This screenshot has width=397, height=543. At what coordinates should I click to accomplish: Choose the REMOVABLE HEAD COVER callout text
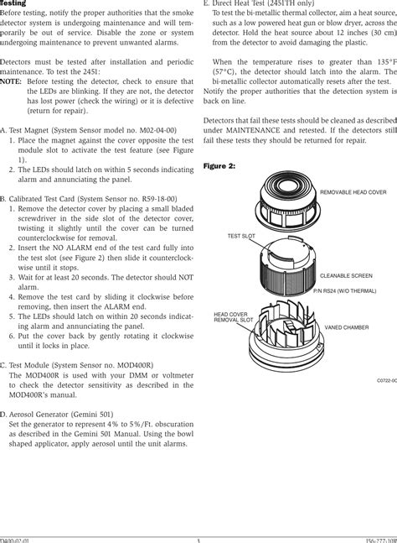(353, 193)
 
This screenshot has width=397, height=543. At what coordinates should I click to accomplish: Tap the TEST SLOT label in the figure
(241, 237)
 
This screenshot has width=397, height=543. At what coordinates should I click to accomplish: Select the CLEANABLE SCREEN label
(346, 275)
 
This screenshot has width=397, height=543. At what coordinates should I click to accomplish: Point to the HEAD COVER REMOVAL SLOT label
(235, 316)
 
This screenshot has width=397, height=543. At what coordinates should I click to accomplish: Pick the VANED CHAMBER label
(347, 327)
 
